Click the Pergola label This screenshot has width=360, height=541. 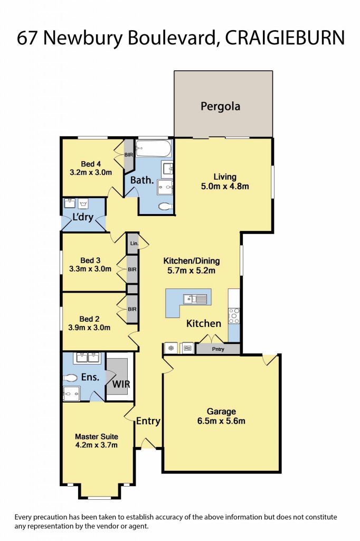click(x=220, y=106)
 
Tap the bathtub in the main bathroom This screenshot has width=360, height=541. click(x=153, y=147)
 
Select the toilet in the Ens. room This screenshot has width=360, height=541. click(x=71, y=378)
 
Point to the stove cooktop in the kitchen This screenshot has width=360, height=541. click(x=234, y=315)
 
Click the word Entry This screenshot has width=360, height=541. click(x=148, y=421)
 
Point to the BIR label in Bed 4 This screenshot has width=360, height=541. click(x=129, y=155)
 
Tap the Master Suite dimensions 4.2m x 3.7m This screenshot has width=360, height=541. click(x=96, y=445)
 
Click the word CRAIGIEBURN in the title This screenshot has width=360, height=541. click(x=285, y=38)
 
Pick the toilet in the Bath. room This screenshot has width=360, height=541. click(x=166, y=207)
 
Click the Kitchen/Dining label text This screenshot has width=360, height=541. click(x=191, y=261)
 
